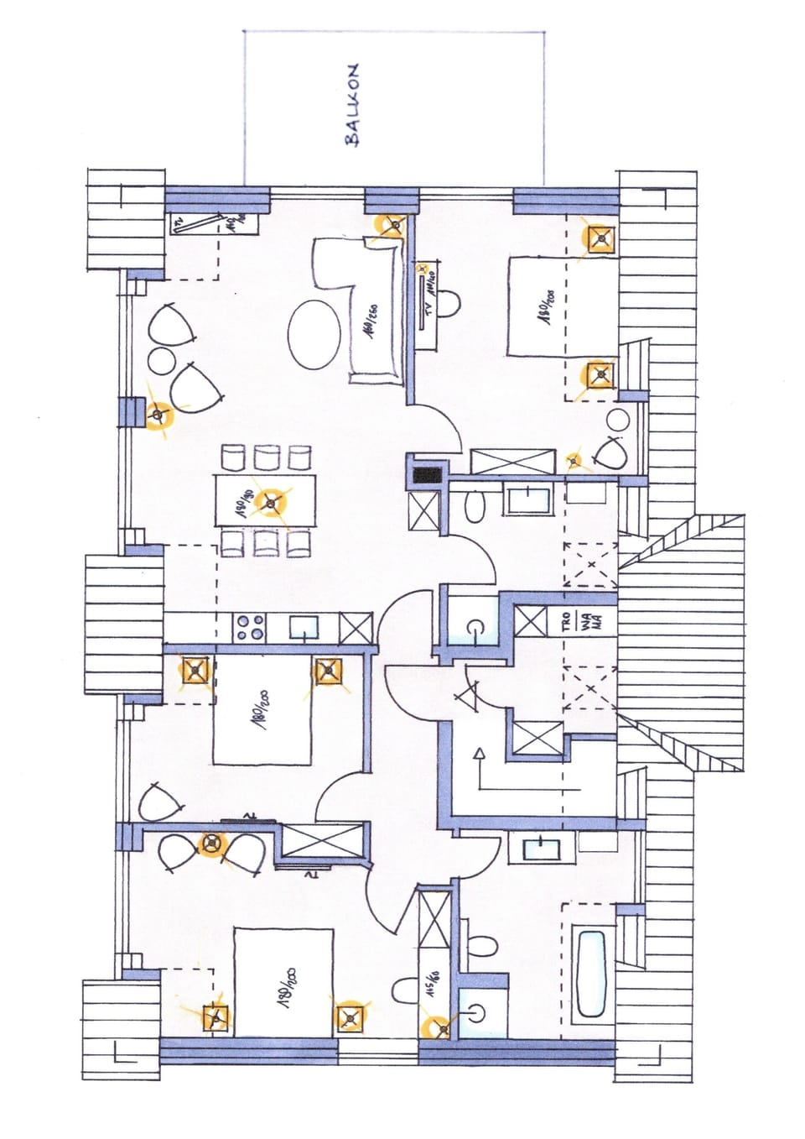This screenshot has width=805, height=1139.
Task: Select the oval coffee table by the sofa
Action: [314, 332]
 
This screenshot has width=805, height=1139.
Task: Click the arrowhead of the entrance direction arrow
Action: [479, 752]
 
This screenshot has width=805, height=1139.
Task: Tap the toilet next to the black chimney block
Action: [475, 506]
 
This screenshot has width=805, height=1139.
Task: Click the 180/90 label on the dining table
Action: [242, 504]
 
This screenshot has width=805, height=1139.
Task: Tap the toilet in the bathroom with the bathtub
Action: [483, 945]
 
